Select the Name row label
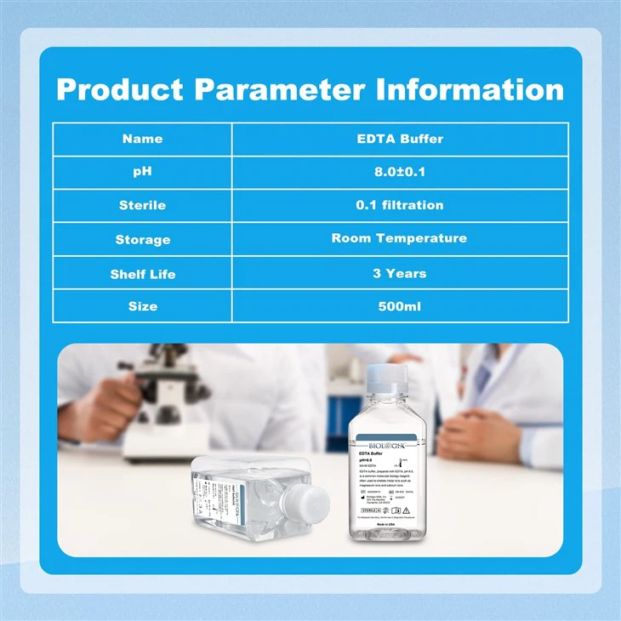coord(142,139)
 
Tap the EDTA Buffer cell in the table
coord(399,139)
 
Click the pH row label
coord(142,172)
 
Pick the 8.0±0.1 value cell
coord(399,172)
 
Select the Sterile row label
coord(142,205)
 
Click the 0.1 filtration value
coord(399,205)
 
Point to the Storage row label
coord(142,239)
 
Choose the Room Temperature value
coord(399,238)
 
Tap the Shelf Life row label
coord(142,274)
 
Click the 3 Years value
coord(399,274)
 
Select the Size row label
coord(142,306)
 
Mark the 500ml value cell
coord(399,306)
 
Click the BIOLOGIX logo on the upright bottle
coord(388,444)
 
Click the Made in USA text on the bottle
coord(388,524)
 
